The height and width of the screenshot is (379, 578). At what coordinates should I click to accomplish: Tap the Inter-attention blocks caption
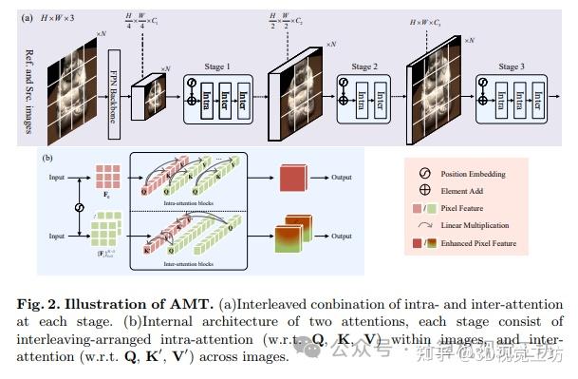(188, 260)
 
